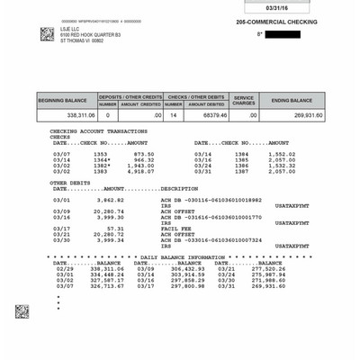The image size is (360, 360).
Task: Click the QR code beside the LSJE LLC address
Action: pos(47,33)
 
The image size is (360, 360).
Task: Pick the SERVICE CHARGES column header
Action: pos(245,100)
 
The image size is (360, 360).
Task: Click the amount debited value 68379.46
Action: pos(210,115)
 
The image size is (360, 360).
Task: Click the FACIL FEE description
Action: pos(174,229)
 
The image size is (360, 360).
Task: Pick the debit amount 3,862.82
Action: pos(108,199)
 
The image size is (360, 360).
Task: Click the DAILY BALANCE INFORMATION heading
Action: pos(183,256)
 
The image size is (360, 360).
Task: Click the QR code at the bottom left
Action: pos(22,311)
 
